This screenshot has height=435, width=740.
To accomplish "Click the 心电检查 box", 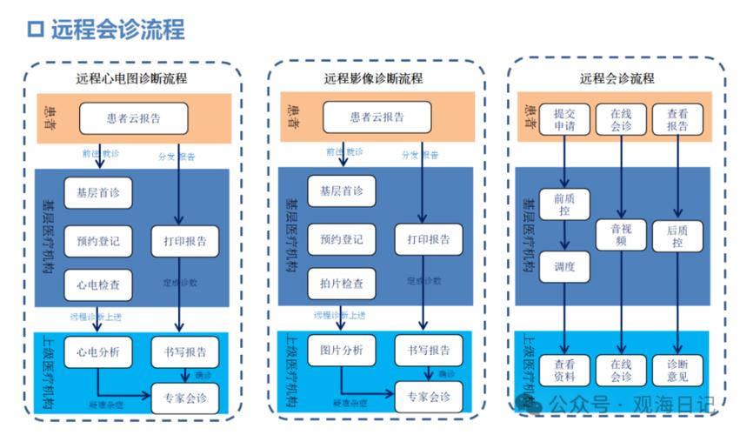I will [97, 284].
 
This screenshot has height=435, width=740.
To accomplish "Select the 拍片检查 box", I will [341, 284].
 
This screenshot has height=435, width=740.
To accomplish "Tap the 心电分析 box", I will [97, 351].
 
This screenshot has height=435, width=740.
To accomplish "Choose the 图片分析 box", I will [341, 351].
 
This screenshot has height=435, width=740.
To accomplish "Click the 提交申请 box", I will [564, 119].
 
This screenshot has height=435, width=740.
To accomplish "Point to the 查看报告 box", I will [677, 119].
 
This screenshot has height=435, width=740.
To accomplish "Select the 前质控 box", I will [564, 204].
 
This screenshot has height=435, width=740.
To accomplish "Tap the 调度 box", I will [564, 267].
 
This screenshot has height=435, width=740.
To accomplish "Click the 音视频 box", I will [621, 236].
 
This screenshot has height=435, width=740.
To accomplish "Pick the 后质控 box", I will [677, 236].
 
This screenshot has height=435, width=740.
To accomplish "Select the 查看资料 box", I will [564, 371].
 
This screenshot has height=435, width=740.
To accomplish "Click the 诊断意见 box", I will [677, 371].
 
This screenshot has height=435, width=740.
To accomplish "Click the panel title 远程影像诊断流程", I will [374, 78].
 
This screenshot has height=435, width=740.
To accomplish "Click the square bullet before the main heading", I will [36, 30].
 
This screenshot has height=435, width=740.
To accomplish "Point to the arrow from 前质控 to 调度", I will [564, 236].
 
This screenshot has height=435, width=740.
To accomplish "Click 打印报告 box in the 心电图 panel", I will [184, 240].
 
